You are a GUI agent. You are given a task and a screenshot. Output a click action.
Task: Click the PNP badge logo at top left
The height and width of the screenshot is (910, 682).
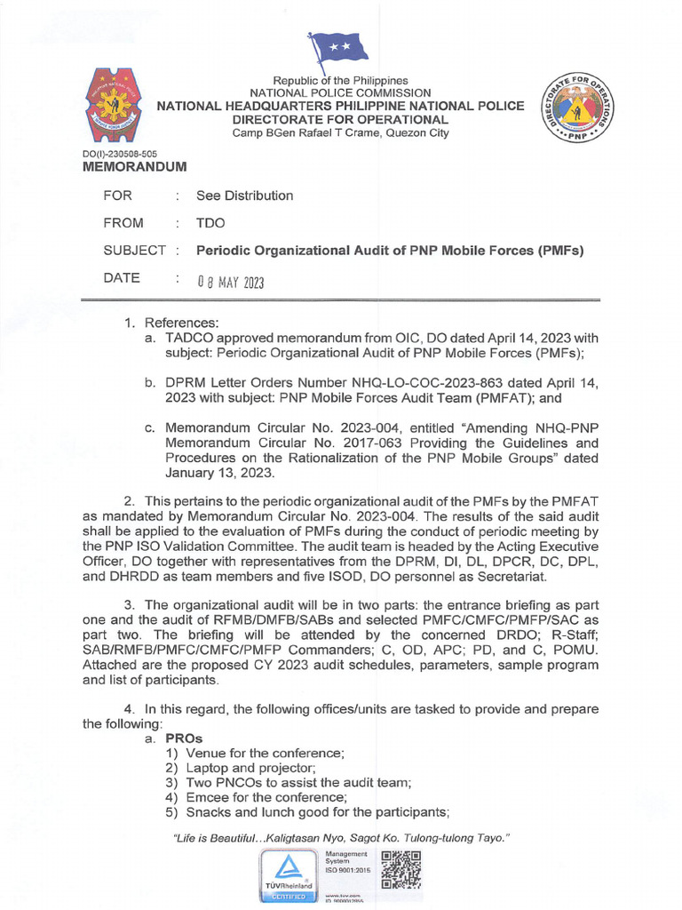pyautogui.click(x=116, y=109)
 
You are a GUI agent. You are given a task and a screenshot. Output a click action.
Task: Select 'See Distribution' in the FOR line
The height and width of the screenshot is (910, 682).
pyautogui.click(x=244, y=196)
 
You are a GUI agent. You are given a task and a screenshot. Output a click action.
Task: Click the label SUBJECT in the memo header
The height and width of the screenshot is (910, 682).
pyautogui.click(x=134, y=251)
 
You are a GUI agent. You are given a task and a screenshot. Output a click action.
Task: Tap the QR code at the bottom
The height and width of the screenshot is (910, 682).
pyautogui.click(x=400, y=869)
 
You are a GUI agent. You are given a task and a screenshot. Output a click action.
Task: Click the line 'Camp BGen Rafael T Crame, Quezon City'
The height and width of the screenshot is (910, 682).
pyautogui.click(x=340, y=133)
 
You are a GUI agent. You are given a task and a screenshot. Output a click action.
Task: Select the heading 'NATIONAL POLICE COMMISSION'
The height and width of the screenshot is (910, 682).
pyautogui.click(x=340, y=92)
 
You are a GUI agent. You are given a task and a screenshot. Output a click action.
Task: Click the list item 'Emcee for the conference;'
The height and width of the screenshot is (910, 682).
pyautogui.click(x=254, y=797)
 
